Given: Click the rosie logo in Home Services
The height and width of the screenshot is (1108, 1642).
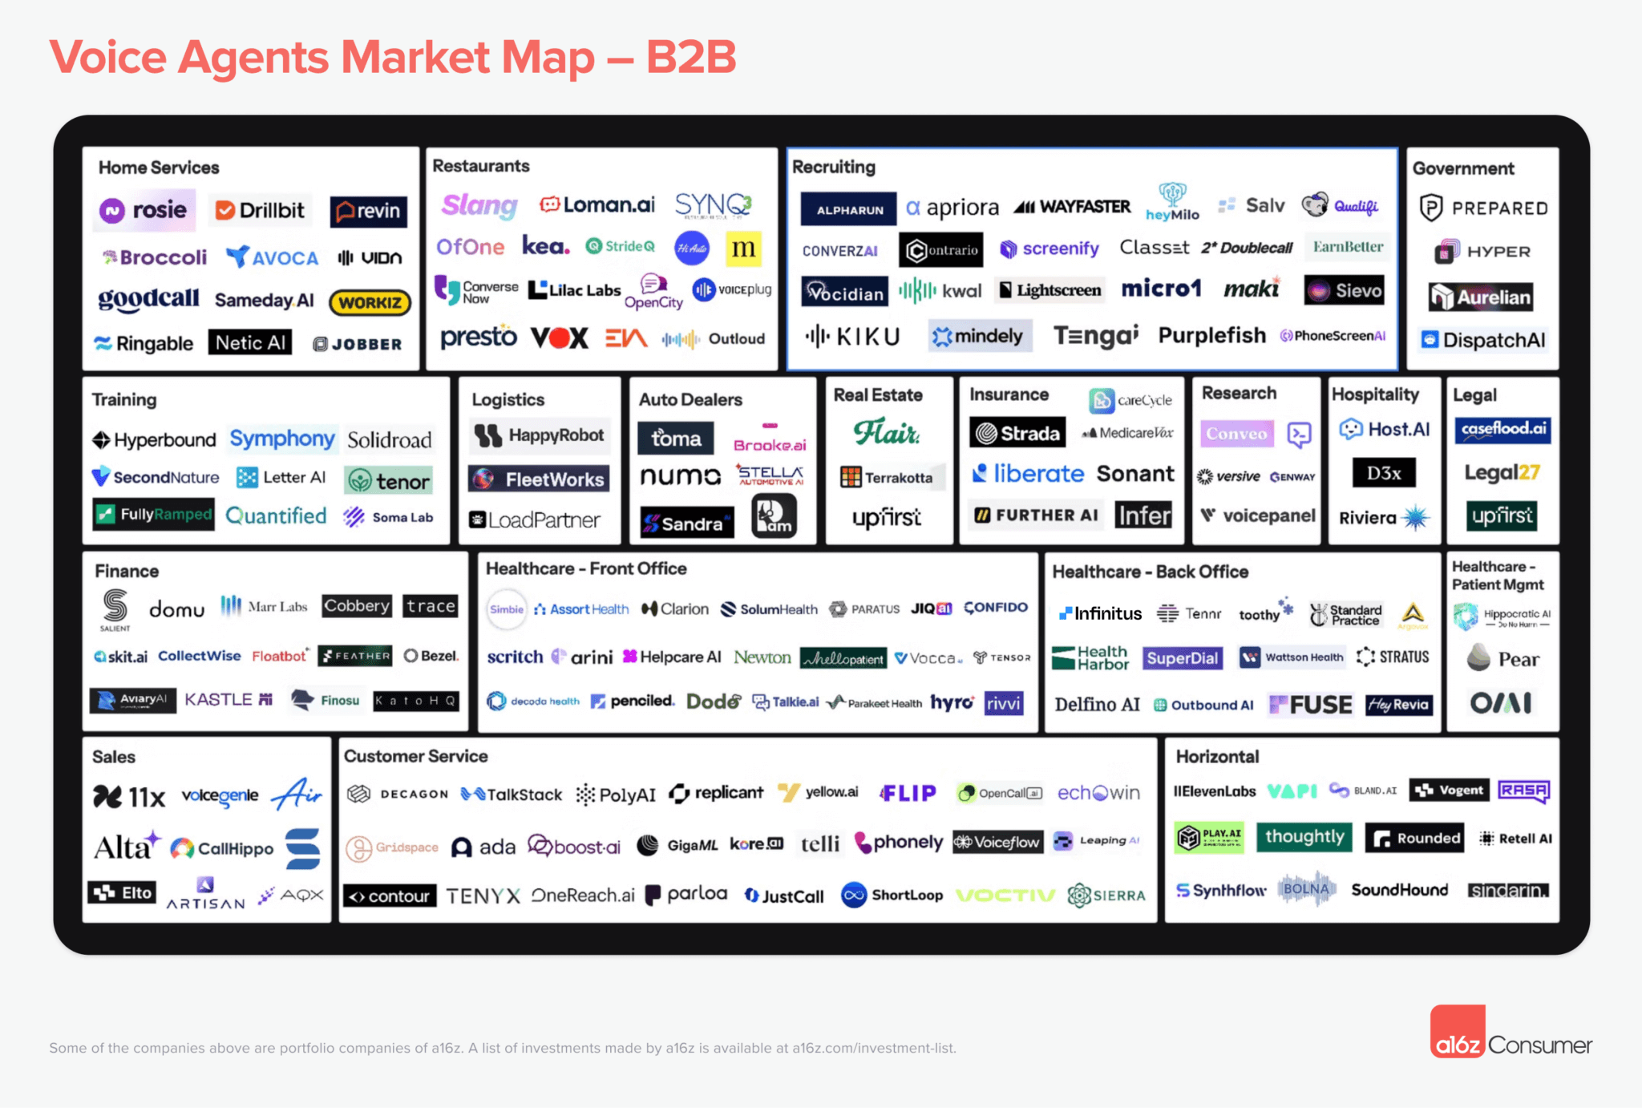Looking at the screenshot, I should pos(144,210).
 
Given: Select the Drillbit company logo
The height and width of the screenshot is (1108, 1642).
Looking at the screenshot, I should pos(260,210).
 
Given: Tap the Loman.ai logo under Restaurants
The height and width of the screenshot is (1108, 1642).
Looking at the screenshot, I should pos(597,205).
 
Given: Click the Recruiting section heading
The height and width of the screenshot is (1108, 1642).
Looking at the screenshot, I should pos(833,167).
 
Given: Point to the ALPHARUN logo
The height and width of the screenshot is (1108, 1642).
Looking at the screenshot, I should pos(848,209).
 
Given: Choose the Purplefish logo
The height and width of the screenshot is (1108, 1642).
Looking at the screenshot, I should pos(1211,335).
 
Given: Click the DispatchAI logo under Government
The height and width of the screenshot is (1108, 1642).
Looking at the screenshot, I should pos(1483,340).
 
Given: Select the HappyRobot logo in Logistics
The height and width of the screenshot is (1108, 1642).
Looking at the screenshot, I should pos(540,435).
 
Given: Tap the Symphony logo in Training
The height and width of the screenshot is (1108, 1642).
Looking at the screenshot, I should pos(281,439).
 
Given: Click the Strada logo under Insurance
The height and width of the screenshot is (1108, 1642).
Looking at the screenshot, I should pos(1017,433).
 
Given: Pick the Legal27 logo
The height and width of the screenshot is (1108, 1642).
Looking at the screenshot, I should pos(1502,472).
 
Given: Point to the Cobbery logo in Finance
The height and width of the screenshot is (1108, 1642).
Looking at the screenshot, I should pos(356,606).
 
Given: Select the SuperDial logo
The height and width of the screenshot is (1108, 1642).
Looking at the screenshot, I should pos(1182,658).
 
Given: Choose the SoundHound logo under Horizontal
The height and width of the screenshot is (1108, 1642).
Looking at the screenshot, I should pos(1399,890).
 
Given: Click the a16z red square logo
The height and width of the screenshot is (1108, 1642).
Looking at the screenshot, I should pos(1458,1033).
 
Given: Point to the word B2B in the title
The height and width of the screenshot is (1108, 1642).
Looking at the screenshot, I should pos(691,58).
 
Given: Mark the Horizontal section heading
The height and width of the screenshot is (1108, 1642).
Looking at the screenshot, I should pos(1217,756).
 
